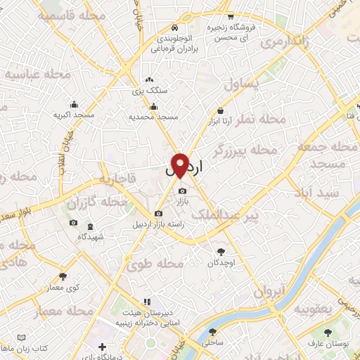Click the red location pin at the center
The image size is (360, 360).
tap(181, 164)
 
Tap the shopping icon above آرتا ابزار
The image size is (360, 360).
tap(221, 110)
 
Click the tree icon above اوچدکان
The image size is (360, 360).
tap(221, 251)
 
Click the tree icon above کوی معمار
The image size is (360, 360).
tap(64, 277)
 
